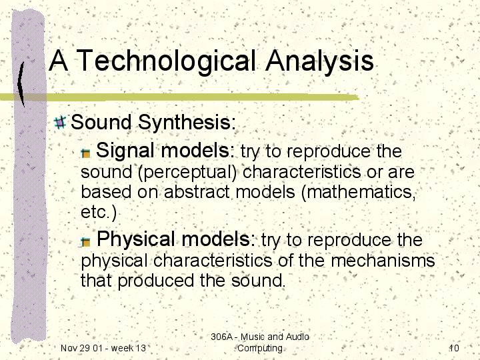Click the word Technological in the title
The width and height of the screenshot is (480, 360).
coord(165,61)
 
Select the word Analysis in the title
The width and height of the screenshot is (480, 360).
coord(319,61)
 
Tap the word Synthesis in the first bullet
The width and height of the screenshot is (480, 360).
coord(187,123)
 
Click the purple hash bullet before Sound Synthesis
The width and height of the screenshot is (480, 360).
coord(60,122)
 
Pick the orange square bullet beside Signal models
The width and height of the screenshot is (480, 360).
coord(86,153)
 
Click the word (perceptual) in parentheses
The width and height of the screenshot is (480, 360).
coord(187,173)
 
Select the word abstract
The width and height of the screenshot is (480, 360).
coord(197,192)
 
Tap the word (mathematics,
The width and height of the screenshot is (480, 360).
coord(359,193)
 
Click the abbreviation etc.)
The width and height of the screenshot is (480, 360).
coord(99,213)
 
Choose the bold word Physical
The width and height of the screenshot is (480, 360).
coord(137,240)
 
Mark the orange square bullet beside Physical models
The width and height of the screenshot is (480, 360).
coord(86,242)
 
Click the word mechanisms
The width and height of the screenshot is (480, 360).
coord(383,261)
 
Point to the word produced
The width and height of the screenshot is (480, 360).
coord(156,281)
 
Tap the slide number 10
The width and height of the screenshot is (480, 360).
coord(454,348)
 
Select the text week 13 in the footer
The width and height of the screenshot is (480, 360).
coord(129,348)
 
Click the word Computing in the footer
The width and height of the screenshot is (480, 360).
coord(260,349)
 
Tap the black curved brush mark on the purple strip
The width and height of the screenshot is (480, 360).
coord(21,84)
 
